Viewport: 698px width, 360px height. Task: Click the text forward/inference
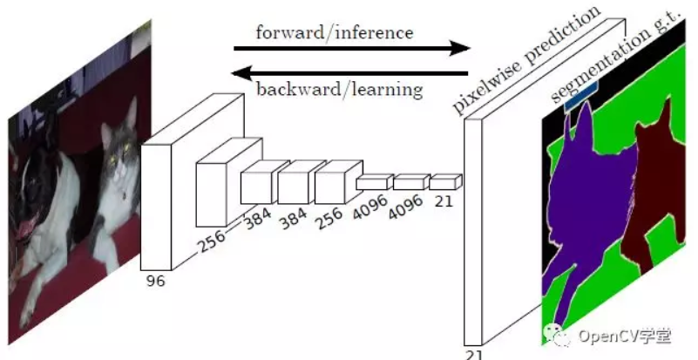[335, 32]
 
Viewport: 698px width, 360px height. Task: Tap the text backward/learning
[339, 89]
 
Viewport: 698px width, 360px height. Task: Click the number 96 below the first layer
[156, 281]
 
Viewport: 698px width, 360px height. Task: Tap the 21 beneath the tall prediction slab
[473, 353]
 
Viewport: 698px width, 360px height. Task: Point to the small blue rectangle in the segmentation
[580, 97]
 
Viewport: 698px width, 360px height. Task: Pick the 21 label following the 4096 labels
[444, 202]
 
